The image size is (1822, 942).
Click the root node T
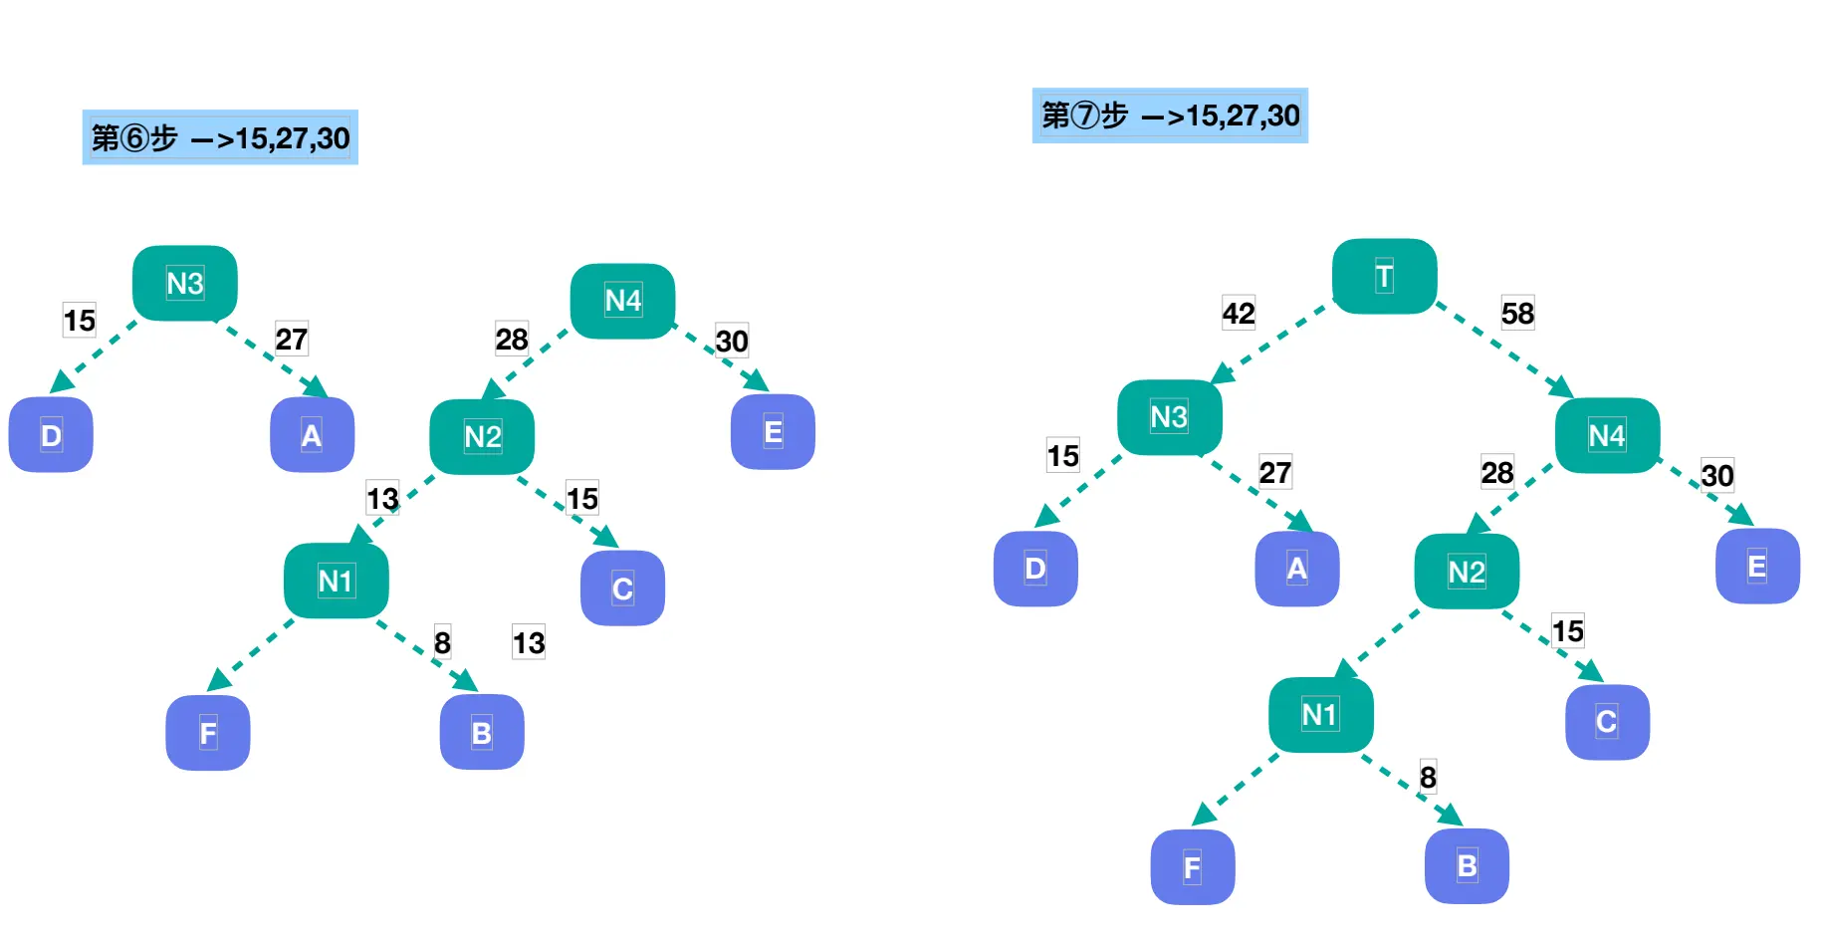[1384, 276]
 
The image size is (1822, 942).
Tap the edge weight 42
[1239, 314]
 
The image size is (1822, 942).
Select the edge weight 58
[1517, 314]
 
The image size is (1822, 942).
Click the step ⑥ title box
[220, 137]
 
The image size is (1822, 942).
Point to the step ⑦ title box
[1170, 116]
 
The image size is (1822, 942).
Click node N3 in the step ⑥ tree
[185, 284]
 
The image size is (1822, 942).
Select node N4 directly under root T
[1606, 435]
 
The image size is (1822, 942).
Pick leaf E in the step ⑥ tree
[773, 432]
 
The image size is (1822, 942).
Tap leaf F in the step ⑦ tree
[1192, 867]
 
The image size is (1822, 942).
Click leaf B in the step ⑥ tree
[482, 733]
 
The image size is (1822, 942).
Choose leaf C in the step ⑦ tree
[1606, 722]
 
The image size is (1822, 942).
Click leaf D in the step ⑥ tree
[51, 435]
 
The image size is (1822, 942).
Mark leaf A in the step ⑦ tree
[1296, 569]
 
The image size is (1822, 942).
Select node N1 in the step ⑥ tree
[336, 581]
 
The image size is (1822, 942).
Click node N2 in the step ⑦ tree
[1467, 572]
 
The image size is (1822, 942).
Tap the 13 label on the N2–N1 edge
[382, 498]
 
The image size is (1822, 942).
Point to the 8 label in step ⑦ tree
[1428, 777]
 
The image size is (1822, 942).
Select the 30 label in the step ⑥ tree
[732, 342]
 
